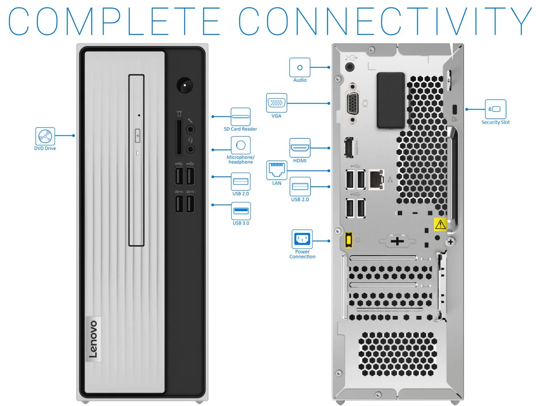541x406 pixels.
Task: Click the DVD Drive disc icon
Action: coord(45,136)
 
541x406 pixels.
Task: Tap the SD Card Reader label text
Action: coord(240,129)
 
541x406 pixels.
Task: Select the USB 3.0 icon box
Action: coord(241,211)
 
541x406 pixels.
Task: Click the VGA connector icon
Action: coord(276,103)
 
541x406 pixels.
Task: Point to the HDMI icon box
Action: coord(300,148)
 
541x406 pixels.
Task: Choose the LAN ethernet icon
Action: coord(276,170)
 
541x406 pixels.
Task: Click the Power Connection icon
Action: coord(302,239)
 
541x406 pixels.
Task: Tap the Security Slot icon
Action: coord(495,109)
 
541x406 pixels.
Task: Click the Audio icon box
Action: coord(300,67)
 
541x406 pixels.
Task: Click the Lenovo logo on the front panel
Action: coord(93,339)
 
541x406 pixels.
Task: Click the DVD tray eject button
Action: coord(138,135)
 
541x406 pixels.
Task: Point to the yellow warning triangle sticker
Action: coord(440,224)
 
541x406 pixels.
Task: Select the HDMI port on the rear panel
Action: coord(349,147)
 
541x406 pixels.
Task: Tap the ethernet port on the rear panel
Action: coord(376,180)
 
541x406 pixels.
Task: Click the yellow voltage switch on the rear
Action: coord(348,240)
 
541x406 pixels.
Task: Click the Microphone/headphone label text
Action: coord(241,160)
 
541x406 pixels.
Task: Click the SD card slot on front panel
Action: coord(179,137)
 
